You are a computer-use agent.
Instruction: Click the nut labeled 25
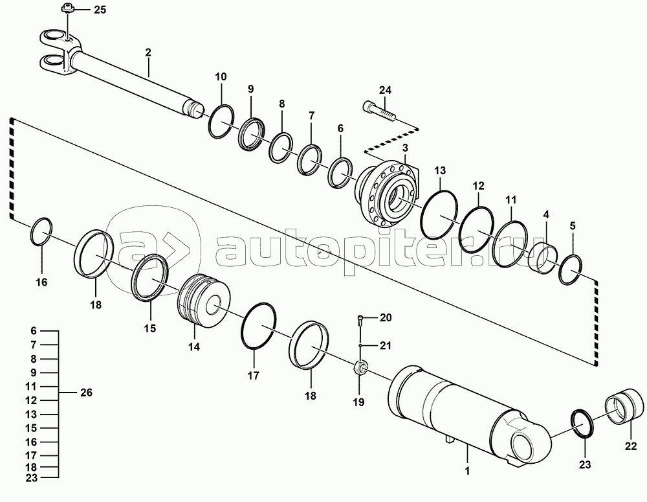[x=66, y=8]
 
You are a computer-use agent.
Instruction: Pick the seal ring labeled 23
[x=585, y=425]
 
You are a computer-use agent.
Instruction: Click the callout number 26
[x=85, y=392]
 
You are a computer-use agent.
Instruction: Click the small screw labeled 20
[x=360, y=317]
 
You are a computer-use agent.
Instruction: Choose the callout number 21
[x=386, y=345]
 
